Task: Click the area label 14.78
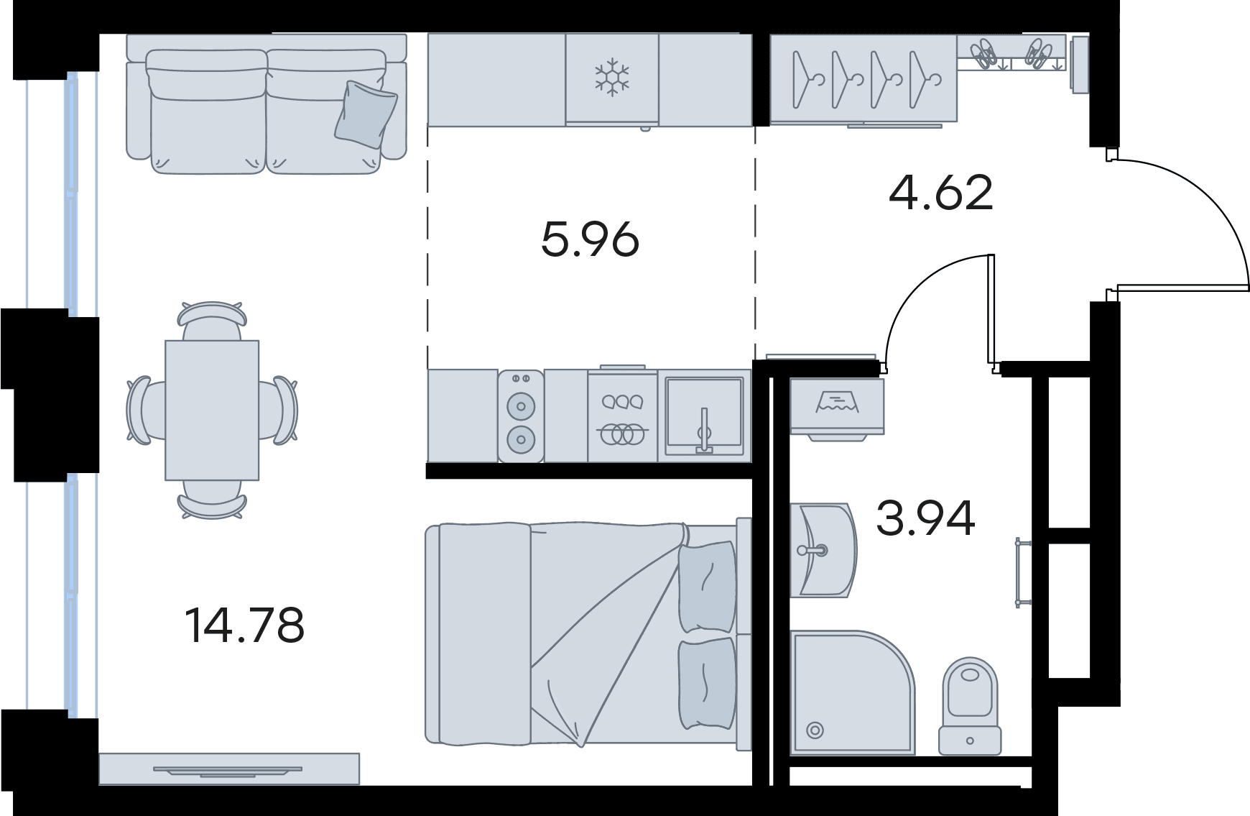245,625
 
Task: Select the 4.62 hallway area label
941,193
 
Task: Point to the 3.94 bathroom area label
925,518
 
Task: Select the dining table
212,410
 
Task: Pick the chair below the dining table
212,498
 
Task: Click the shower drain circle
815,730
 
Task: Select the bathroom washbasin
823,550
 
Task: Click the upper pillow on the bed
707,587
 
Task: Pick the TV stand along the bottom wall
228,769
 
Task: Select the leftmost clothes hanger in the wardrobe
807,79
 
